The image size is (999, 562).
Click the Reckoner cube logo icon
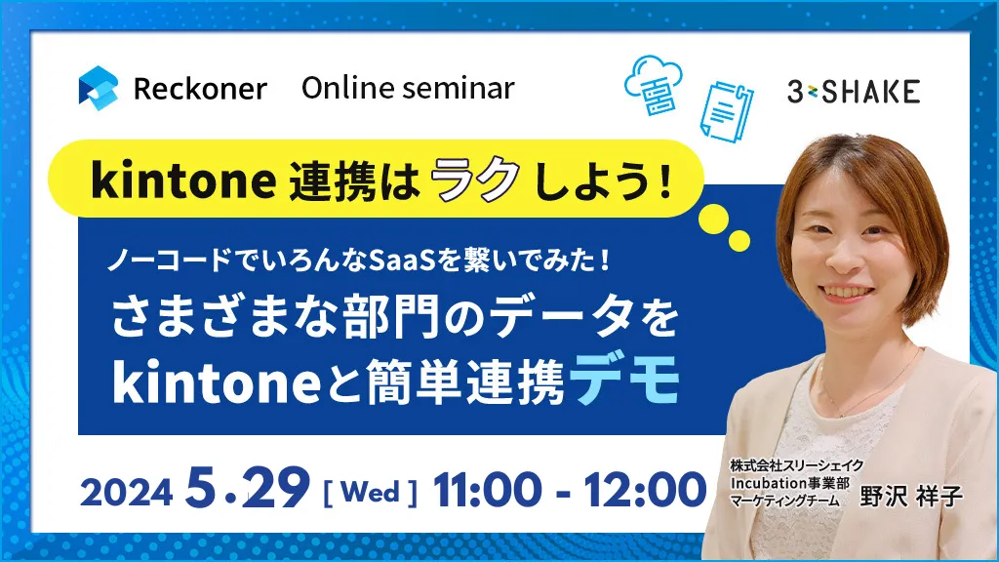[x=99, y=88]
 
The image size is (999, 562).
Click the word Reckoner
[x=200, y=89]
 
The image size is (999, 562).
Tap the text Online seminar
[x=408, y=88]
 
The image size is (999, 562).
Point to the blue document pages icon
[x=726, y=110]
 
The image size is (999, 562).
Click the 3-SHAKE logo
[x=854, y=92]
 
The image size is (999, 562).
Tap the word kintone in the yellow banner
[x=183, y=181]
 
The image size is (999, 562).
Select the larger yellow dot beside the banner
[x=713, y=219]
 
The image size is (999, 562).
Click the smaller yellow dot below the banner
[x=739, y=240]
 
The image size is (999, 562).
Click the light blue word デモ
[x=624, y=380]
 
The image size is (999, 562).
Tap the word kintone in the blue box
[x=217, y=381]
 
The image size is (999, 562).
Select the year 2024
[x=126, y=492]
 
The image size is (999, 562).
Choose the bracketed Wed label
[x=371, y=493]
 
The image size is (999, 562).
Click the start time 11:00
[x=488, y=490]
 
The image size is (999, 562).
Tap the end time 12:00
[x=645, y=490]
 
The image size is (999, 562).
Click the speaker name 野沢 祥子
[x=910, y=497]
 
